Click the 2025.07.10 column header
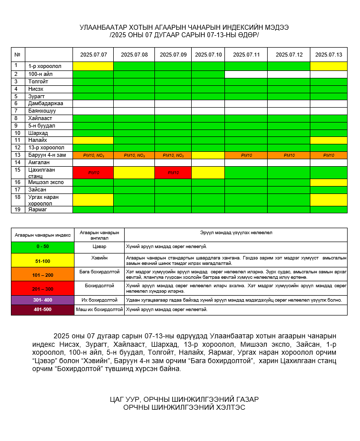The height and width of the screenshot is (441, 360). (x=208, y=55)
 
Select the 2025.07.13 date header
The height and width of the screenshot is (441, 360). (x=328, y=55)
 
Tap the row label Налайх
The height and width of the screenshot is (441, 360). (x=38, y=140)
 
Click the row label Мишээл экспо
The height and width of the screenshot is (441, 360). (x=45, y=183)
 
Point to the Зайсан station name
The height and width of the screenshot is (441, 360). (x=37, y=189)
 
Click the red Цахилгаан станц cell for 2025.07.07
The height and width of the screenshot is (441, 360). (x=93, y=172)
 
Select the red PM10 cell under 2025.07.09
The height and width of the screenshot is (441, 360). (x=173, y=172)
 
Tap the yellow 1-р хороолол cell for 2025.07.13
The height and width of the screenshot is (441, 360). (x=328, y=66)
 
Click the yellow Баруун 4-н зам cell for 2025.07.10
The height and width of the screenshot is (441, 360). (x=208, y=155)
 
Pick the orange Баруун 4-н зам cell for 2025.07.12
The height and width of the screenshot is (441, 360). (x=288, y=155)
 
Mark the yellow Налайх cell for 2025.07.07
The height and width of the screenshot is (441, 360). (x=93, y=140)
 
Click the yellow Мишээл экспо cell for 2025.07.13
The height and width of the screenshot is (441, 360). (x=328, y=183)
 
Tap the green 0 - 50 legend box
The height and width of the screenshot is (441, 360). (x=42, y=247)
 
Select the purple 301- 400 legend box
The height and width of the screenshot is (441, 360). (x=42, y=300)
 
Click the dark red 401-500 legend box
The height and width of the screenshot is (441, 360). (x=42, y=310)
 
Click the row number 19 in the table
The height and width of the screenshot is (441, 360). (x=16, y=209)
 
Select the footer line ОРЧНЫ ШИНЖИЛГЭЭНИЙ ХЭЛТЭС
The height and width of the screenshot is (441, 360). (x=184, y=408)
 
